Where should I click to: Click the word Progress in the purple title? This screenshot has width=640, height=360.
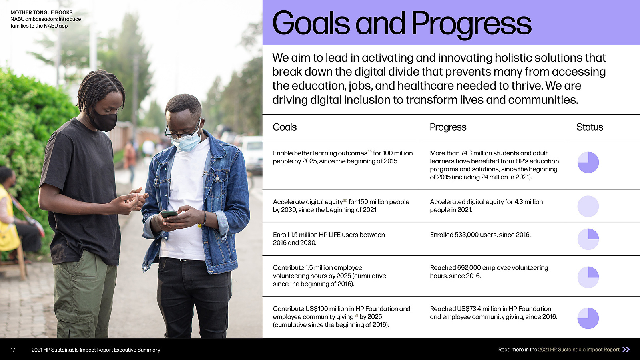pyautogui.click(x=471, y=24)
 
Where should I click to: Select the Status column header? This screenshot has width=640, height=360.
pyautogui.click(x=590, y=127)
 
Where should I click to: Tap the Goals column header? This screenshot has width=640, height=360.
pyautogui.click(x=285, y=127)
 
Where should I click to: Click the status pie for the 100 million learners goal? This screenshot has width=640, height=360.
pyautogui.click(x=588, y=163)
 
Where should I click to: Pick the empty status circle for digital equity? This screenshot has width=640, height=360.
pyautogui.click(x=588, y=207)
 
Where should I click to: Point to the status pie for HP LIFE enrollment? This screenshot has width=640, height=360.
pyautogui.click(x=588, y=239)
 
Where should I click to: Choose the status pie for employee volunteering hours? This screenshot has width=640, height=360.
pyautogui.click(x=588, y=278)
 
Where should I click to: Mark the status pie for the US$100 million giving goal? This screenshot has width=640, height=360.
pyautogui.click(x=588, y=318)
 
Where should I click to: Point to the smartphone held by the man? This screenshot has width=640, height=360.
pyautogui.click(x=169, y=213)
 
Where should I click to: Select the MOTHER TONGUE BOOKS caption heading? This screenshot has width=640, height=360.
pyautogui.click(x=42, y=12)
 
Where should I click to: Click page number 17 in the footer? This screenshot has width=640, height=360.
pyautogui.click(x=13, y=350)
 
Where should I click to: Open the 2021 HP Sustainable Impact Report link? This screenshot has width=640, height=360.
pyautogui.click(x=579, y=350)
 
